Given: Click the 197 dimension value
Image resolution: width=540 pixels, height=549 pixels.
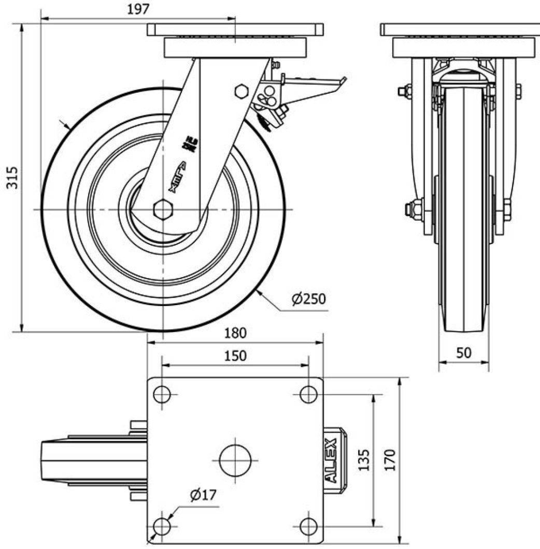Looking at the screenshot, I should click(137, 9).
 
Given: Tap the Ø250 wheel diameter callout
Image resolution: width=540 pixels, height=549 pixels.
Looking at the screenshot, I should click(310, 299).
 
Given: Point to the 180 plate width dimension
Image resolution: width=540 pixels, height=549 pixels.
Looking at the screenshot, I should click(235, 333).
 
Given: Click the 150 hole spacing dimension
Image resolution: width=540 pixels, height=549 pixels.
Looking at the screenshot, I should click(235, 356).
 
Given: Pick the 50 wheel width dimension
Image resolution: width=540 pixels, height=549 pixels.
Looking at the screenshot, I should click(464, 353).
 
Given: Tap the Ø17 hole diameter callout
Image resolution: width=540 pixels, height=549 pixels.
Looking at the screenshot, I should click(202, 496).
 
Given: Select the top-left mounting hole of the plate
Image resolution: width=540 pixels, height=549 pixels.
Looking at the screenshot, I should click(162, 395).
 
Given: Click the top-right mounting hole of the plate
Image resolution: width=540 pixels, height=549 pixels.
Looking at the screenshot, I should click(309, 395).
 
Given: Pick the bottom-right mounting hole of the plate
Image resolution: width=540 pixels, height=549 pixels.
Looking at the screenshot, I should click(309, 527).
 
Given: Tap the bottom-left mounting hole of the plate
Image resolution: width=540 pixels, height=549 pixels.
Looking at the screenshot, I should click(162, 527).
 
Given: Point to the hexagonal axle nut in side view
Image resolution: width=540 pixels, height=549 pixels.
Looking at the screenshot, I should click(163, 209).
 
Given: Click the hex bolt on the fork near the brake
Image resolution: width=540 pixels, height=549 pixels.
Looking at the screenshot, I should click(241, 91).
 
